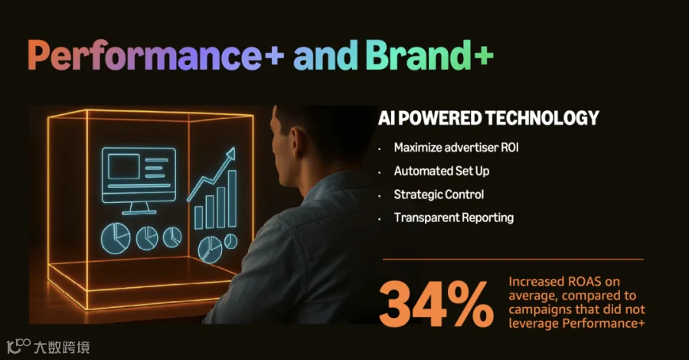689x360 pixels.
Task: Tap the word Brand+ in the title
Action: coord(429,55)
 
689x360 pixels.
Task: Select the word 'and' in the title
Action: coord(325,55)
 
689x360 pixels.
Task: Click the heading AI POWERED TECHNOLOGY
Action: coord(488,118)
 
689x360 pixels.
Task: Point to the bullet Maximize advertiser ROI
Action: coord(456,148)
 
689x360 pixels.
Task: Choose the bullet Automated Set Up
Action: coord(442,171)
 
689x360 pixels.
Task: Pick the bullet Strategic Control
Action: coord(439,195)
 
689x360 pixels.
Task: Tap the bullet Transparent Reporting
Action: coord(453,218)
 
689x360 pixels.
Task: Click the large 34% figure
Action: coord(436,305)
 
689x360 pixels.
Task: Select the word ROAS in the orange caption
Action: coord(584,281)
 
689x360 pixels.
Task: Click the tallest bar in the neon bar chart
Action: coord(231,198)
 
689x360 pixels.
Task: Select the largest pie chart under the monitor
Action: coord(116,237)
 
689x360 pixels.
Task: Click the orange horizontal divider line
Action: coord(513,260)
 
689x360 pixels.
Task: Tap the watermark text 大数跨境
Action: coord(62,347)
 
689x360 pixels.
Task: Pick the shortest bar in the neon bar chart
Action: coord(198,218)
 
